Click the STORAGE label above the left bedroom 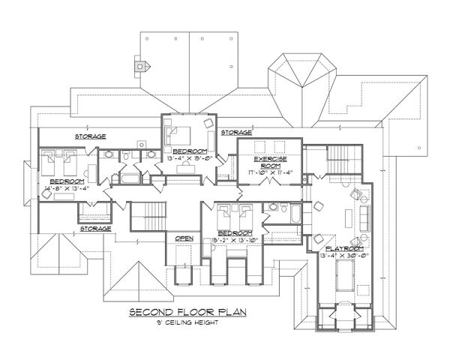tap(89, 136)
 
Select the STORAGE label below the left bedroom tap(96, 228)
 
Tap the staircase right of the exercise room tap(337, 160)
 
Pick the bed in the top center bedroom tap(182, 136)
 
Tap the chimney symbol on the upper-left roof tap(139, 65)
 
